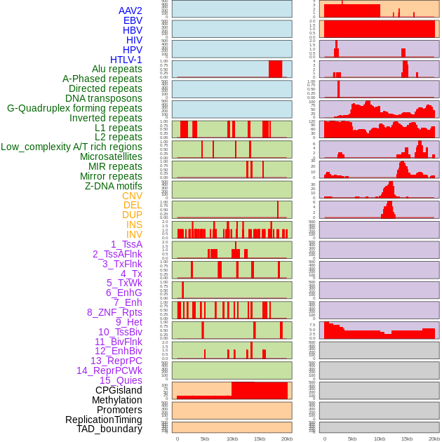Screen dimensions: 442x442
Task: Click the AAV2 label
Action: [x=130, y=11]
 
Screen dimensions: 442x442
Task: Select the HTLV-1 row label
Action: [x=126, y=60]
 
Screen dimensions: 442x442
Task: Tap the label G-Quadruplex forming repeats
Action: [x=74, y=108]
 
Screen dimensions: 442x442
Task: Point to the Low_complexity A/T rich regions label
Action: [x=72, y=147]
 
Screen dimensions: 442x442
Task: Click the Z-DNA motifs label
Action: [x=114, y=186]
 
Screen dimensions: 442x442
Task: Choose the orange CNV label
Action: [x=132, y=196]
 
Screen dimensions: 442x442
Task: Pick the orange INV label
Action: [x=134, y=234]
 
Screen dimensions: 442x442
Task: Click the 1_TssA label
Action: [x=126, y=244]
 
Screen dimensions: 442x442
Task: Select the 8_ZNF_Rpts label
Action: [x=114, y=312]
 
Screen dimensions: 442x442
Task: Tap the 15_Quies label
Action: [x=121, y=380]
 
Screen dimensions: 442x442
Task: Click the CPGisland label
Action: [x=119, y=390]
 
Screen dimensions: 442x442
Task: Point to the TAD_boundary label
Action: [x=109, y=429]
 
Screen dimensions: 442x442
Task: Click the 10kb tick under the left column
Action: [x=232, y=438]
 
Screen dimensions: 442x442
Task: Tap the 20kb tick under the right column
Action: [x=434, y=438]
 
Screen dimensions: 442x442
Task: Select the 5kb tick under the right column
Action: [x=352, y=438]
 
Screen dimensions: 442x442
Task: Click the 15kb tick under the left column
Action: [x=260, y=438]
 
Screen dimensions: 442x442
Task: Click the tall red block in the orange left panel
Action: [x=259, y=390]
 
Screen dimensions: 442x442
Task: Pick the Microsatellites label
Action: [x=111, y=156]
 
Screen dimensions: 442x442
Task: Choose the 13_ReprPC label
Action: [x=116, y=361]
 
